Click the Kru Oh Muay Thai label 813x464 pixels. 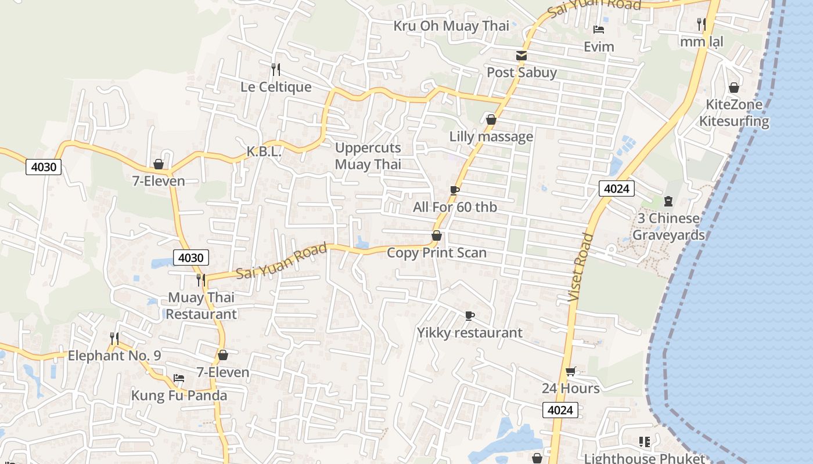(x=451, y=26)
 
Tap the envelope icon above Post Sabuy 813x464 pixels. (x=521, y=56)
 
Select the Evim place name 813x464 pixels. (x=599, y=46)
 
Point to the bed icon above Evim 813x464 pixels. (x=599, y=30)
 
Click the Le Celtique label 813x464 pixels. (x=276, y=87)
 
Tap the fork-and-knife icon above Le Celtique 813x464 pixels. (x=276, y=70)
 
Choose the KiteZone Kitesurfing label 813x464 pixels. (x=734, y=113)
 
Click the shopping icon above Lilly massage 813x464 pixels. (x=491, y=119)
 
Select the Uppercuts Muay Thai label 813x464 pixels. (x=368, y=156)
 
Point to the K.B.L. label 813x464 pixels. (x=264, y=152)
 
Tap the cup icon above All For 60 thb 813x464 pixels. (x=455, y=190)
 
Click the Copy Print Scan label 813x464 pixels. (x=437, y=253)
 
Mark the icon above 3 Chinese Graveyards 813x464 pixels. (x=668, y=201)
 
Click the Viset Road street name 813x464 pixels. (x=581, y=267)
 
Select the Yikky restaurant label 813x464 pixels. (x=470, y=333)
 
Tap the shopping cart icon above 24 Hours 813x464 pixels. (x=571, y=371)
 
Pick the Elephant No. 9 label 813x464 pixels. (x=114, y=356)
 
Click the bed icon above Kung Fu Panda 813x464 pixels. (x=179, y=378)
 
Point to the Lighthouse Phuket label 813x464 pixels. (x=644, y=458)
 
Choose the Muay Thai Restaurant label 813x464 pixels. (x=202, y=306)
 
